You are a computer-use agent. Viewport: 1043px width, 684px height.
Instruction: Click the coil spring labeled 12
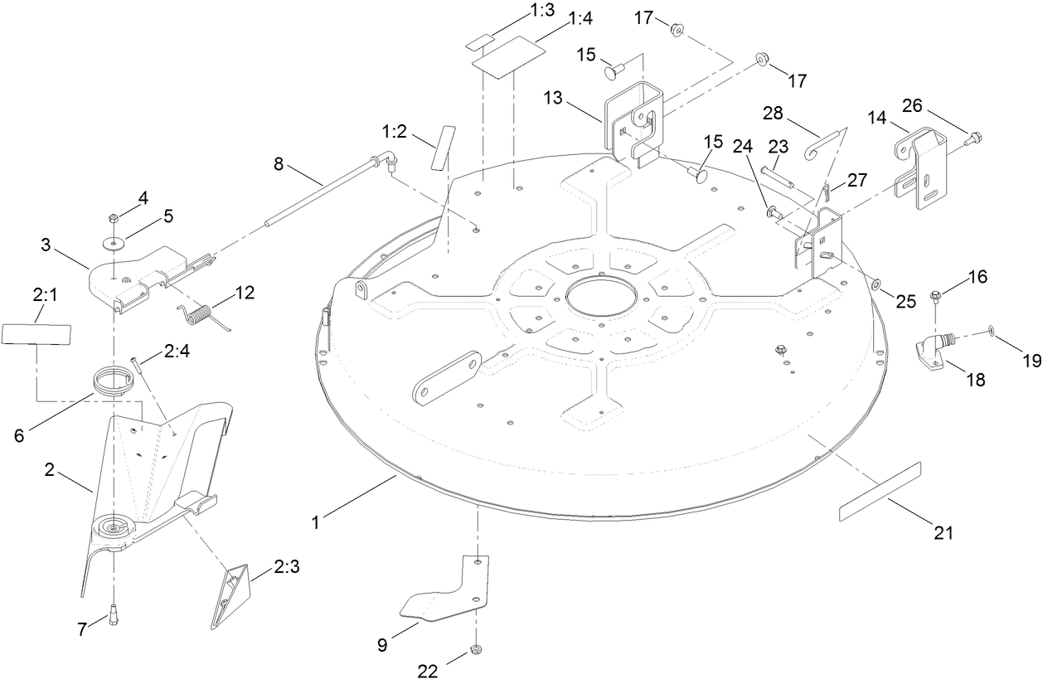coord(198,315)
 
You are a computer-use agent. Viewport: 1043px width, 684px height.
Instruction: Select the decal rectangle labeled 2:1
coord(36,334)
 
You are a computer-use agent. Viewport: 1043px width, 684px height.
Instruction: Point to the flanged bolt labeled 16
coord(936,294)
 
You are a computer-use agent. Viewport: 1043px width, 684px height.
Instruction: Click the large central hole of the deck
coord(604,296)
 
